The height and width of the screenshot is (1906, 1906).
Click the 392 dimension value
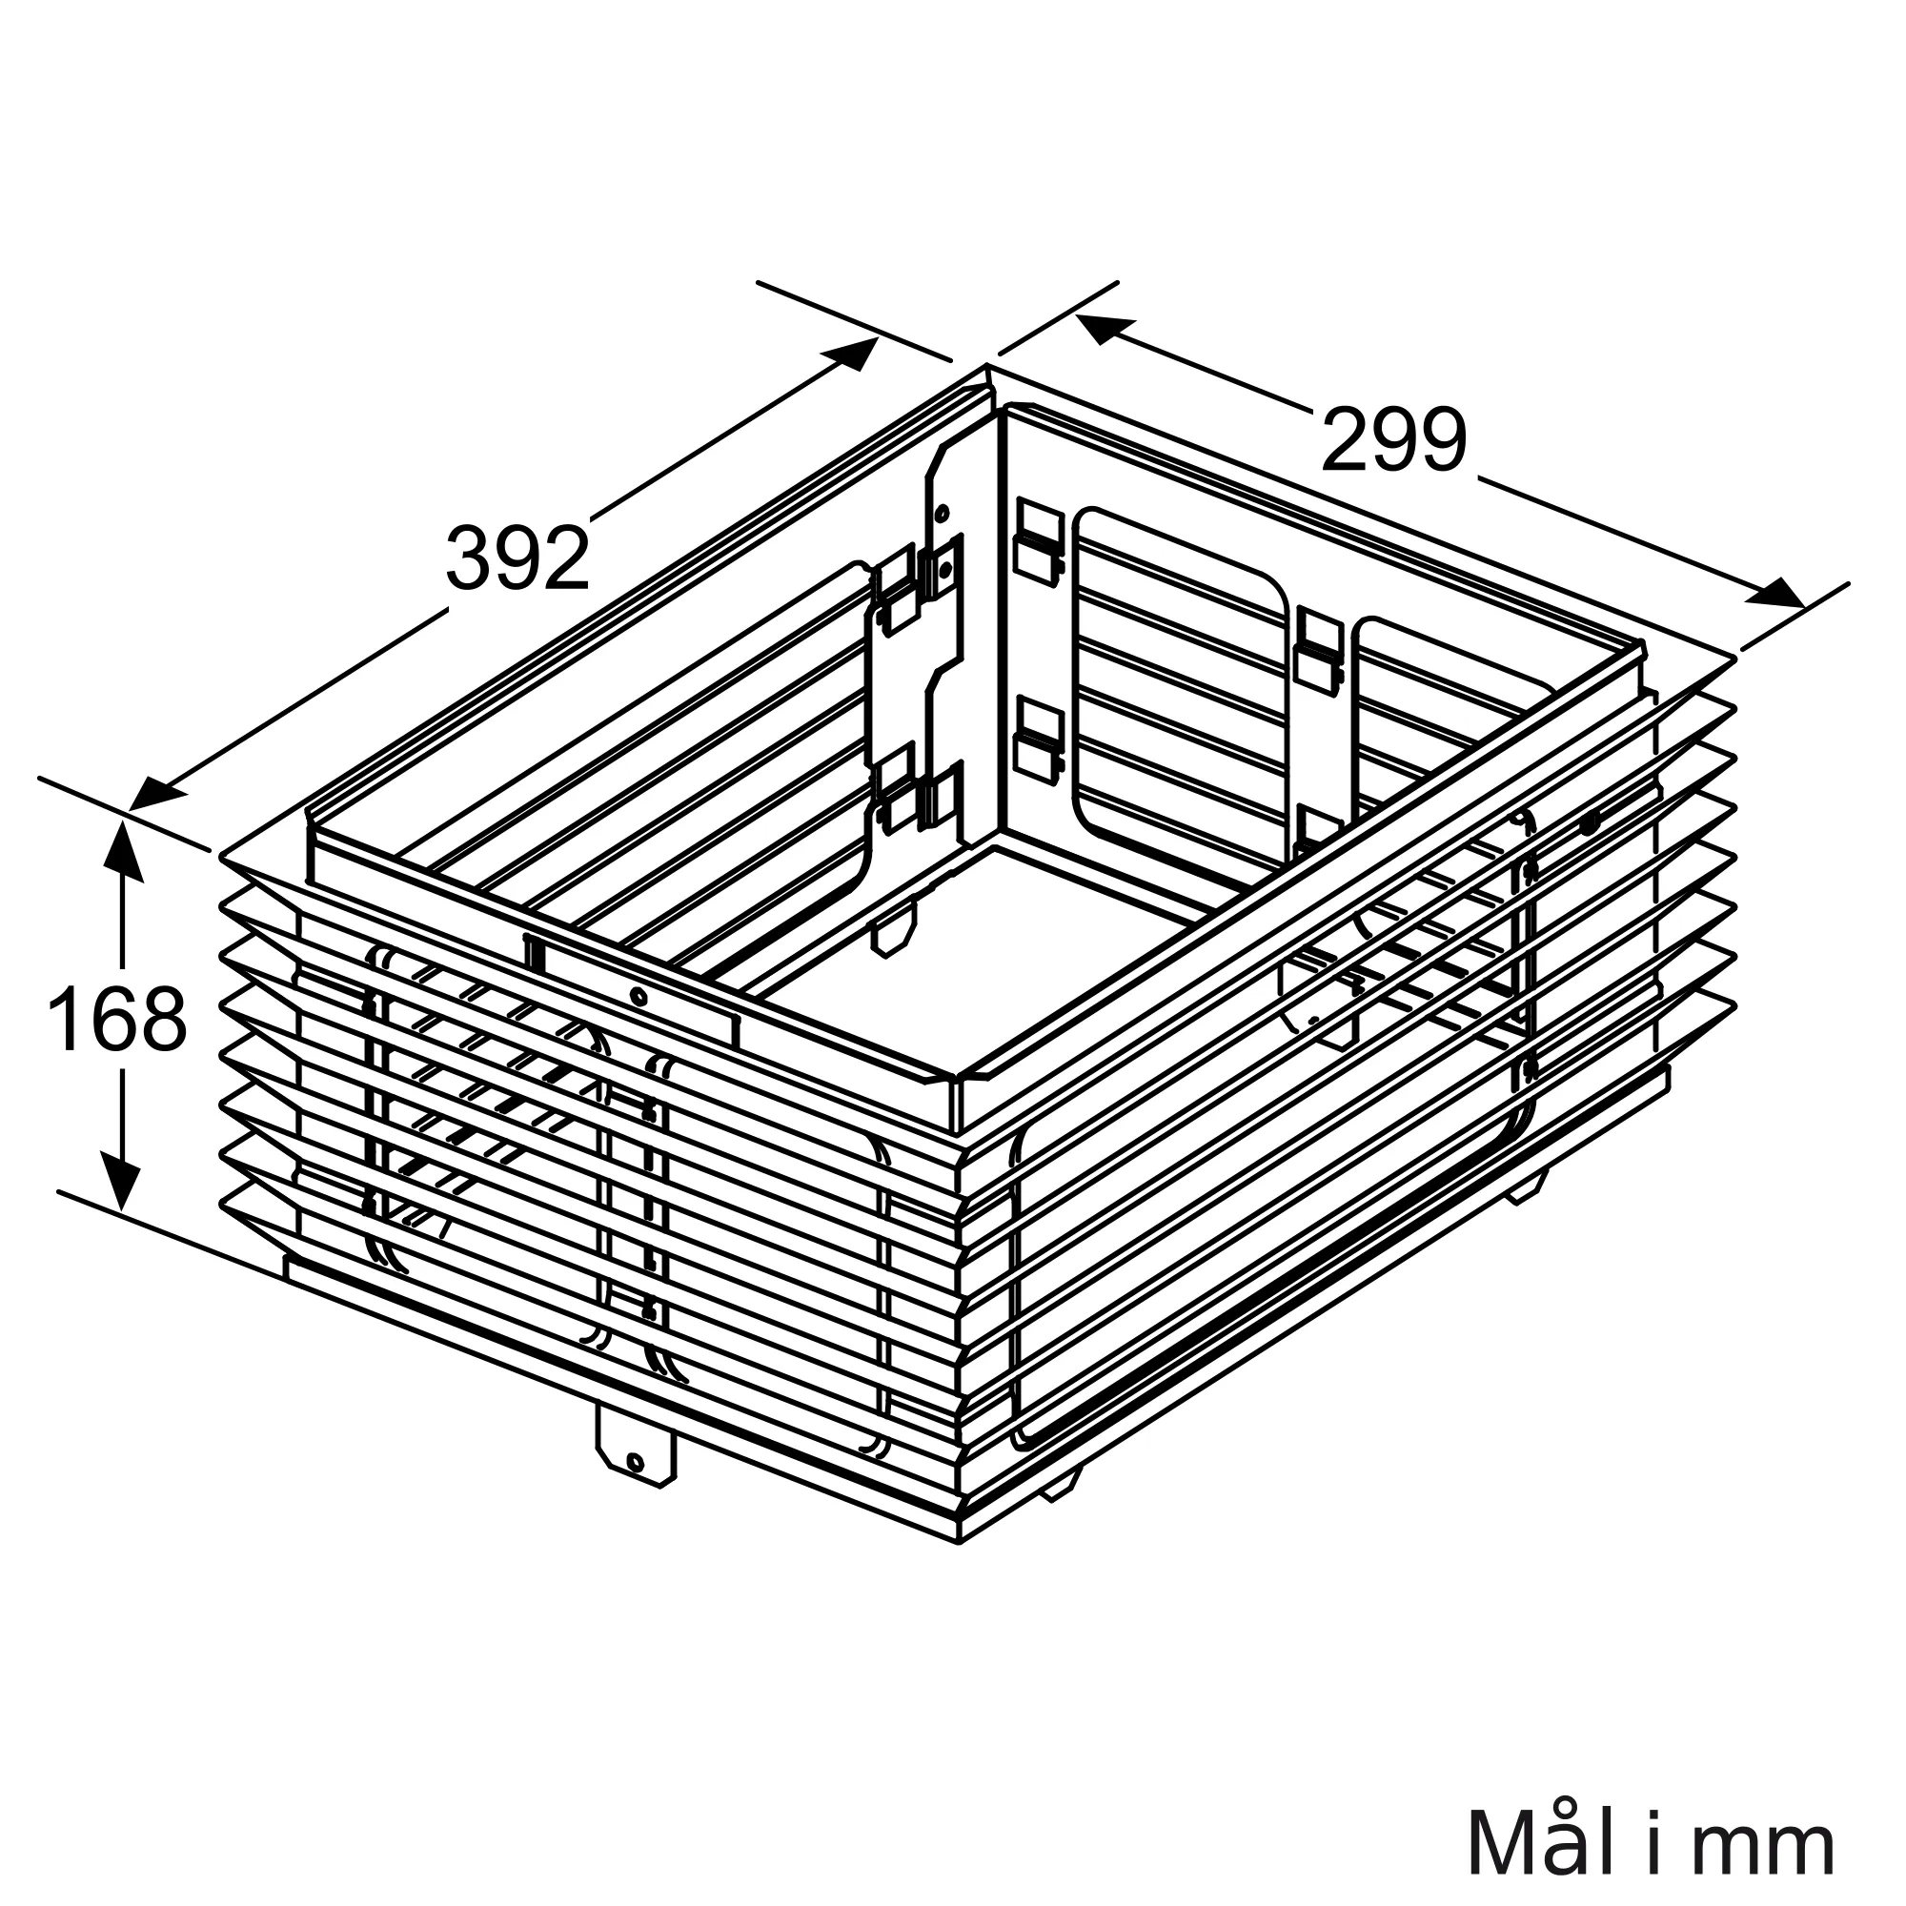[517, 558]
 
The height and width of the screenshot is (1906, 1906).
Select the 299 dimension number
[1394, 439]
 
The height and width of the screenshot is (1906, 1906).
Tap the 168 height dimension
[116, 1019]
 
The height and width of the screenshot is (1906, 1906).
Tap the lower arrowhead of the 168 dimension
[122, 1180]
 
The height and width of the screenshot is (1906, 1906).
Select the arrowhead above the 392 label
[849, 354]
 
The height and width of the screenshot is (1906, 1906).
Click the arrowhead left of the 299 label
[1105, 329]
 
